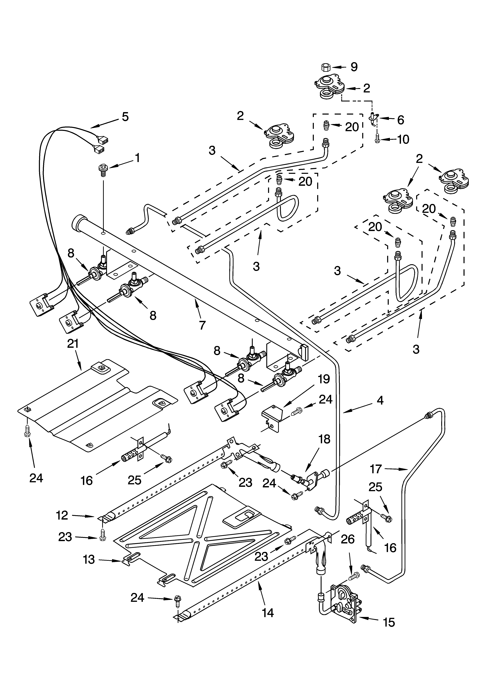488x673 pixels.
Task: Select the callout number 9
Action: pos(354,67)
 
